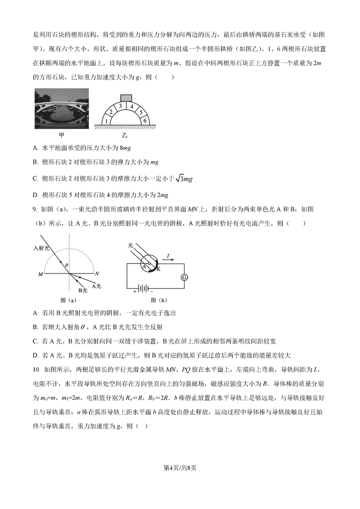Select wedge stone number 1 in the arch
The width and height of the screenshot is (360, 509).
[x=106, y=121]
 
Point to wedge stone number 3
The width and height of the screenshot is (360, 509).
[x=120, y=106]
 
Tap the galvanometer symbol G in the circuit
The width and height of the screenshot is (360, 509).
[x=184, y=277]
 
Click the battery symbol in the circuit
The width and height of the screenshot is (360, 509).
[x=143, y=288]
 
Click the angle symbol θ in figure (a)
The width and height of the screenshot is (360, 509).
[x=66, y=266]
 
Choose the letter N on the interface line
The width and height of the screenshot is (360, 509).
[x=97, y=273]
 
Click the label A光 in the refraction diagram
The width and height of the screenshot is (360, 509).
[x=97, y=285]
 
